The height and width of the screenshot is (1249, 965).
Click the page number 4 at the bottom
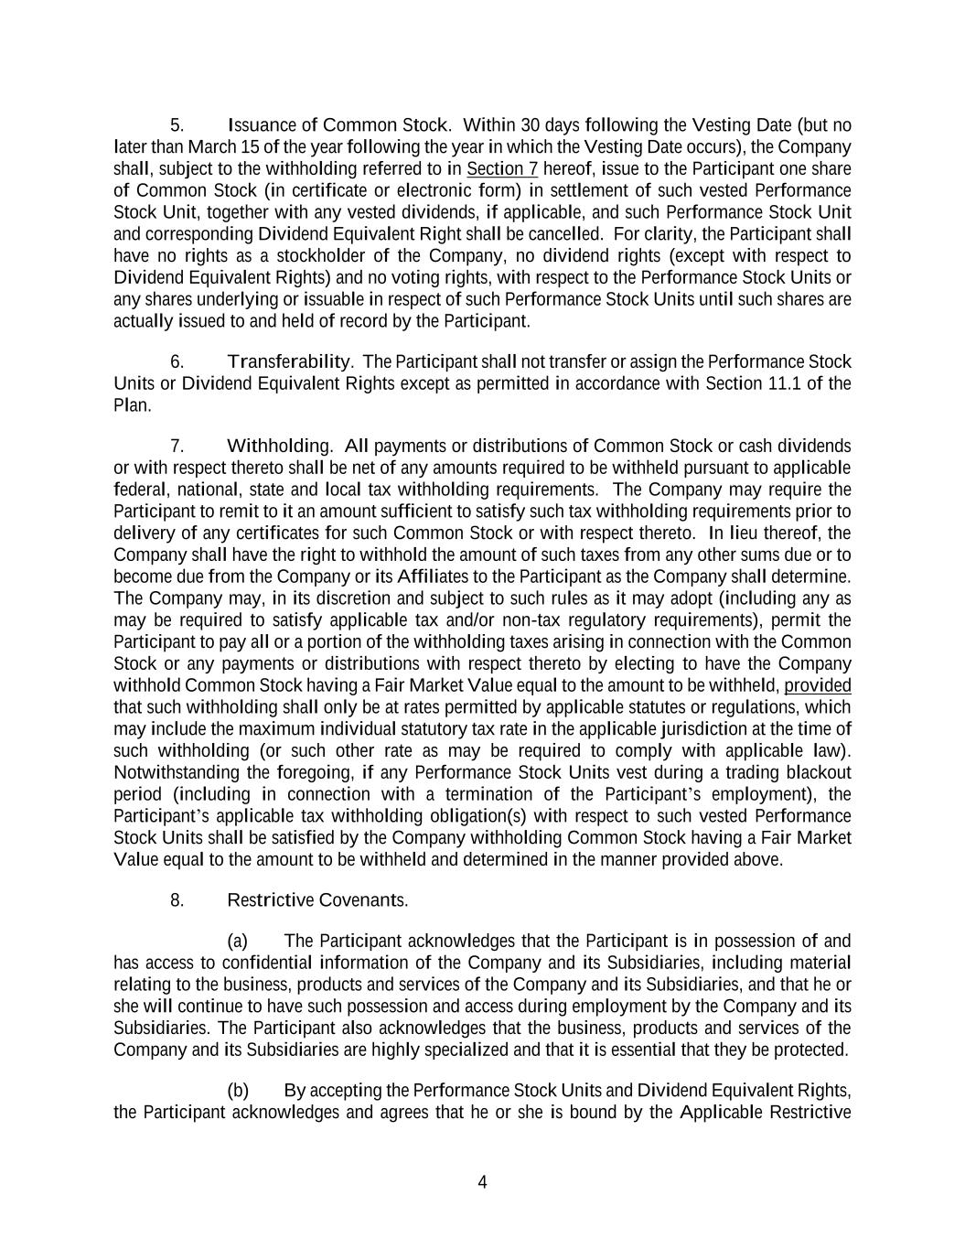tap(482, 1182)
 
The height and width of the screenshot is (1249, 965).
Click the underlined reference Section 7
tap(502, 169)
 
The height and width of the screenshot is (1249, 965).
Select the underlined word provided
tap(818, 685)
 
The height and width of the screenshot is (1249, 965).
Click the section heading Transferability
tap(289, 362)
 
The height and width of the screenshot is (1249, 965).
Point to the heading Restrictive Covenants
tap(316, 900)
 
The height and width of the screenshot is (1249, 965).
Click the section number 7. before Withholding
tap(177, 447)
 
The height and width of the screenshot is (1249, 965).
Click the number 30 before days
tap(530, 125)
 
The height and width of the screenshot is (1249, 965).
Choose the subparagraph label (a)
tap(237, 942)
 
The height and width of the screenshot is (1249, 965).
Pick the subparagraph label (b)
tap(237, 1091)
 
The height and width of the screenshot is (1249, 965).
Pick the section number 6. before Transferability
tap(177, 362)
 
